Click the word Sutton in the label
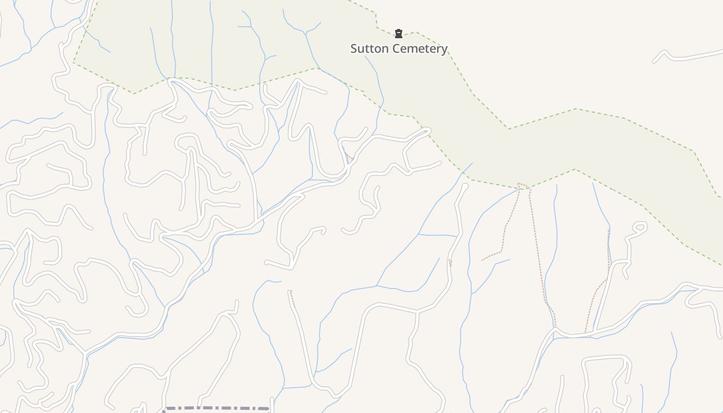click(x=368, y=49)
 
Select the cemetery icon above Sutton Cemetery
click(x=398, y=34)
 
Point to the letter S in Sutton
click(x=354, y=49)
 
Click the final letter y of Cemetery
click(x=444, y=50)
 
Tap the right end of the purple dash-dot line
click(x=269, y=409)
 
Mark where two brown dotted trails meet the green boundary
click(x=523, y=185)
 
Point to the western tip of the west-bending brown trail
click(x=482, y=260)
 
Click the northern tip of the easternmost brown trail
click(x=609, y=230)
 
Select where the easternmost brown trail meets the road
click(x=585, y=333)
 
